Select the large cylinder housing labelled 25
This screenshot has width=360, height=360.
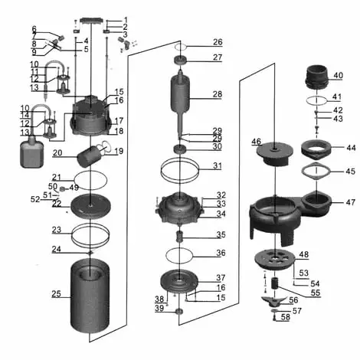click(x=92, y=299)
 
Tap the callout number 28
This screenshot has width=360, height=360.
click(x=218, y=94)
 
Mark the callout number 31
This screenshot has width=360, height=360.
click(x=218, y=165)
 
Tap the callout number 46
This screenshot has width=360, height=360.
click(x=257, y=142)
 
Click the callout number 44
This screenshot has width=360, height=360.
click(x=351, y=147)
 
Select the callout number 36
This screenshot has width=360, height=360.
click(x=221, y=254)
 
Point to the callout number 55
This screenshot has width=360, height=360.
click(x=316, y=293)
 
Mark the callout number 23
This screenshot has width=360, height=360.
click(x=56, y=230)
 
